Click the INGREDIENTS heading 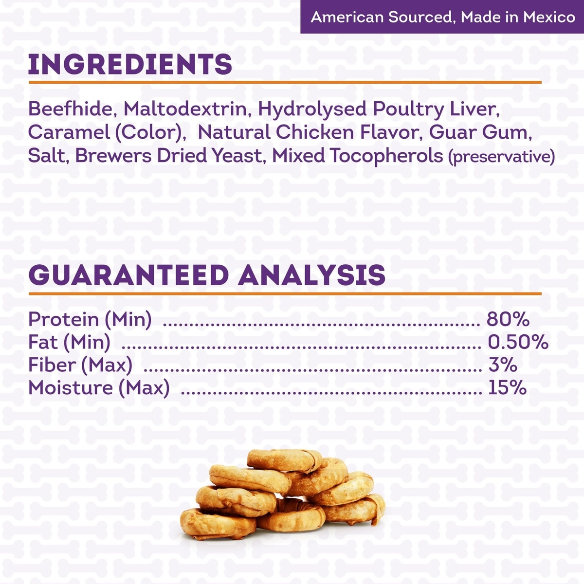coord(130,64)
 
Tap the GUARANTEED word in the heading coord(128,275)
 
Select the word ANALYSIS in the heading coord(311,275)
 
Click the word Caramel coord(69,132)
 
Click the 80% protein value coord(508,319)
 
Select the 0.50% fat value coord(518,343)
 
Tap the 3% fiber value coord(502,365)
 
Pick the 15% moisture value coord(507,388)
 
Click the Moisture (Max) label coord(99,388)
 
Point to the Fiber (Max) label coord(80,365)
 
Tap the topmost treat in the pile coord(284,461)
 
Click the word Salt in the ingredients coord(48,156)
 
